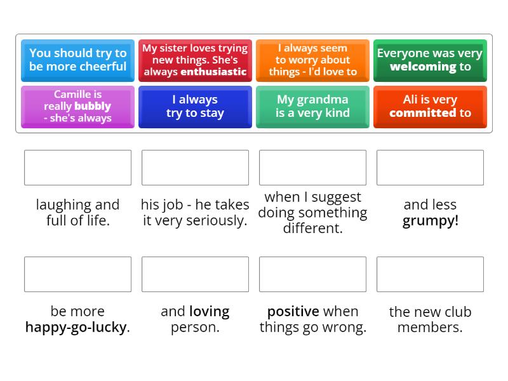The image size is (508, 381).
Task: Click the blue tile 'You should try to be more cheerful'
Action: (77, 60)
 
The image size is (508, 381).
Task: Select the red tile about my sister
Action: (195, 60)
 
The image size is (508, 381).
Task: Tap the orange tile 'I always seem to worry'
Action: (312, 60)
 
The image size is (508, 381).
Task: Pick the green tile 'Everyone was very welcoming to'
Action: (430, 60)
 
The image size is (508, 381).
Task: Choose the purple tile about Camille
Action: (77, 107)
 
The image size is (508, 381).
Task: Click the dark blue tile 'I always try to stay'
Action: (195, 107)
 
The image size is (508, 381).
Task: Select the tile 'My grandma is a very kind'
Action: (312, 107)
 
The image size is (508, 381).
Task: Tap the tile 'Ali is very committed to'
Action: (430, 107)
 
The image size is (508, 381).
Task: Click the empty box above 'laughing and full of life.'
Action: (77, 168)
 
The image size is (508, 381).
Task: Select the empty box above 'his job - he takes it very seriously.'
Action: (195, 168)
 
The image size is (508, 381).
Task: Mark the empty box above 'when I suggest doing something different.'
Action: (312, 168)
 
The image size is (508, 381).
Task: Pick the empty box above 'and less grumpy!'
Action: (430, 168)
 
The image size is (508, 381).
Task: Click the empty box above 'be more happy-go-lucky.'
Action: (77, 274)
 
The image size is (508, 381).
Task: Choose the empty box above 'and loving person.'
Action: (195, 274)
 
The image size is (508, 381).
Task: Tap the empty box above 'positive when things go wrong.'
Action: (312, 274)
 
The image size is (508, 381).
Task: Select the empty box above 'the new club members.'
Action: (430, 274)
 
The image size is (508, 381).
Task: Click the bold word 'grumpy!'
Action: (430, 221)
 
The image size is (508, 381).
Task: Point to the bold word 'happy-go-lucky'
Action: (76, 328)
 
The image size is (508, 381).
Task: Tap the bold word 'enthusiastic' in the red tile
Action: (213, 72)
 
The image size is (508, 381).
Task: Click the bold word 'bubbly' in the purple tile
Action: (93, 106)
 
